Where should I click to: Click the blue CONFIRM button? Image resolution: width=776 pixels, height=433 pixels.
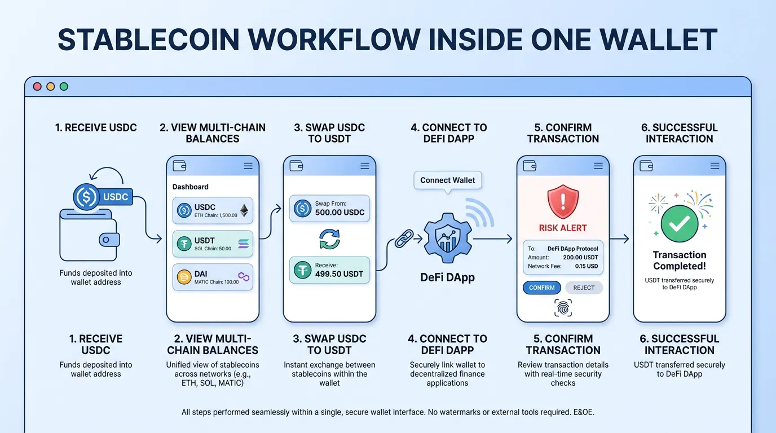pos(541,288)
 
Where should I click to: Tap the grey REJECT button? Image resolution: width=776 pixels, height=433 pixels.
pos(584,288)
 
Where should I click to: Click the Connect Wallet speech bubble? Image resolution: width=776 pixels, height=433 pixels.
pos(448,180)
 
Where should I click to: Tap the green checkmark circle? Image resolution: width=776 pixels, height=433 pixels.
pos(679,223)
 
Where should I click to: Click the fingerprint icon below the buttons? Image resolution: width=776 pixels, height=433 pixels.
pos(563,308)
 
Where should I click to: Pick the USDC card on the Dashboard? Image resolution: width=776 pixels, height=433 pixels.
pos(213,210)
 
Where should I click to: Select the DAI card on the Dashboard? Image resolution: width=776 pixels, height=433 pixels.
pos(213,277)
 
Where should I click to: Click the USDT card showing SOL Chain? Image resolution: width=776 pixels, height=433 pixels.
pos(213,244)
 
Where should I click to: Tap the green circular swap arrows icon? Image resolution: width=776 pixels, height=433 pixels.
pos(329,238)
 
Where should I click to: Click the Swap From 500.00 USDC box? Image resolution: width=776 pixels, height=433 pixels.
pos(329,209)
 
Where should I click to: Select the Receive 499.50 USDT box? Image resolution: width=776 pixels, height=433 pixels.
pos(329,269)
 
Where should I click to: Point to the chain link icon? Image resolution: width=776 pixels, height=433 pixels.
pos(404,239)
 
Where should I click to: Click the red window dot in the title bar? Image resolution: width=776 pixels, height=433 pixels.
pos(38,86)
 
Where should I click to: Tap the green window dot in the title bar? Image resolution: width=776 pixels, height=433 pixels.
pos(64,86)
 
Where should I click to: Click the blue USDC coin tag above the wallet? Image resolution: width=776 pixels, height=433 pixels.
pos(104,197)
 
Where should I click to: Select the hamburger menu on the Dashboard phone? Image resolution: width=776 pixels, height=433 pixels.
pos(248,166)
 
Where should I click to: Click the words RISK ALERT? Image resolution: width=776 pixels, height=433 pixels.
pos(563,228)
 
